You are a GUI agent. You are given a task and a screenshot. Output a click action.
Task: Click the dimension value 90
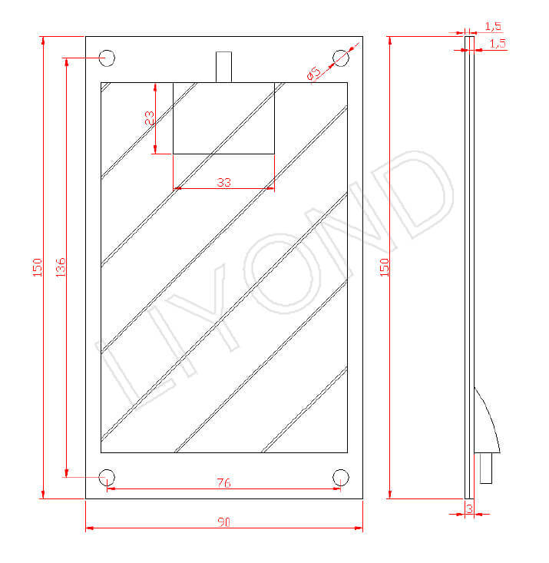(223, 522)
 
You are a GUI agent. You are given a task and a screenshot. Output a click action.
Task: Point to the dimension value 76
(223, 482)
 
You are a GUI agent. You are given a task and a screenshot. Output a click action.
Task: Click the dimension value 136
(61, 267)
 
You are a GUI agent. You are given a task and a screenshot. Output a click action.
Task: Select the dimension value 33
(223, 182)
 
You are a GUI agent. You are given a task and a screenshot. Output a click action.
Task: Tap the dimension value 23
(149, 118)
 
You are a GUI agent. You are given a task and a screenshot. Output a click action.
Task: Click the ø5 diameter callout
(313, 73)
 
